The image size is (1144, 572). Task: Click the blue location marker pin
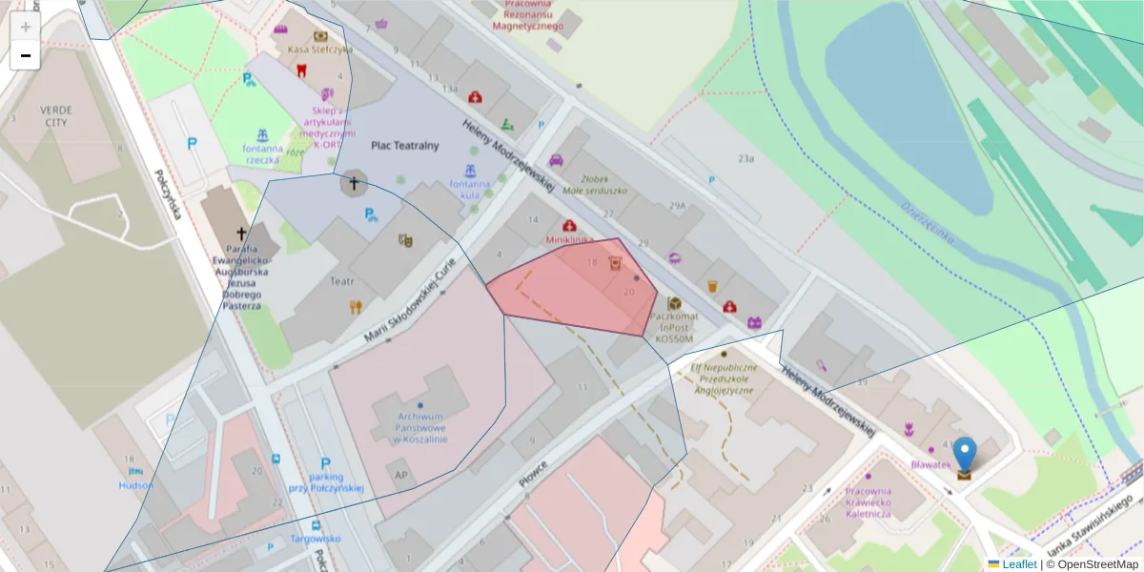[965, 455]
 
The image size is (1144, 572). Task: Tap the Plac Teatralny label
[404, 146]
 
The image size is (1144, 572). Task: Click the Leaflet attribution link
[1019, 564]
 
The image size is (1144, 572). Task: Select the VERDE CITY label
[55, 116]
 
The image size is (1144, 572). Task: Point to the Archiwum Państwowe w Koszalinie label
[421, 428]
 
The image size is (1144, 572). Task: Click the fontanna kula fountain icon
[470, 172]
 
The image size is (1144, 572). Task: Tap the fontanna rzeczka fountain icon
[262, 135]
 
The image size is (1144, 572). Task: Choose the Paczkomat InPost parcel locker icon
[674, 303]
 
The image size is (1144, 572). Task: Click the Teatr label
[342, 281]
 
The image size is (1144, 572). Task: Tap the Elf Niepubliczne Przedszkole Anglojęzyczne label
[724, 378]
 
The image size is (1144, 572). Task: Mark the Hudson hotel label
[135, 485]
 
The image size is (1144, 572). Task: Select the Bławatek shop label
[930, 464]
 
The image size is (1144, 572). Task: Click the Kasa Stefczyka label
[319, 50]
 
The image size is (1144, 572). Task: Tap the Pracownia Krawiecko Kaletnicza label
[868, 502]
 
